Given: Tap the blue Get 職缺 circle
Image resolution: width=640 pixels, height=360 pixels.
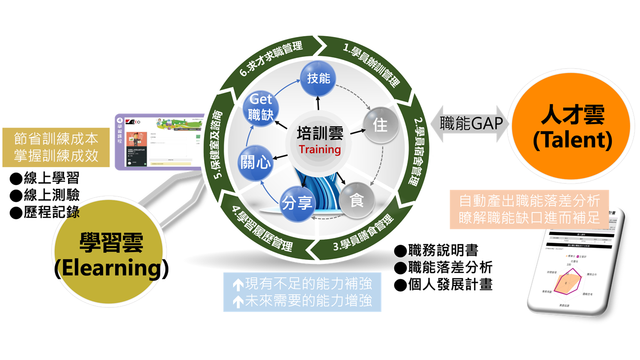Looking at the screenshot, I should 261,107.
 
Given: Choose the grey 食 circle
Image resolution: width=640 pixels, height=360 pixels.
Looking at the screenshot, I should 357,202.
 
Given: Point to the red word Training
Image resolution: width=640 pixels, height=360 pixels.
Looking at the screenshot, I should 319,149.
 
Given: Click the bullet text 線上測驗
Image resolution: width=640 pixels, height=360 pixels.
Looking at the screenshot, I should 51,195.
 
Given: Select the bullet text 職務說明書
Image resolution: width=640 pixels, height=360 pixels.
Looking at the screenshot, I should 442,249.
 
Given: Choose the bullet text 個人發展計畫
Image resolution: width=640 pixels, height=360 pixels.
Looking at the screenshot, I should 450,284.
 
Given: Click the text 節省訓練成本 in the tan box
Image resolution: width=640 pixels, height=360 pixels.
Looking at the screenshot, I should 56,138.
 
